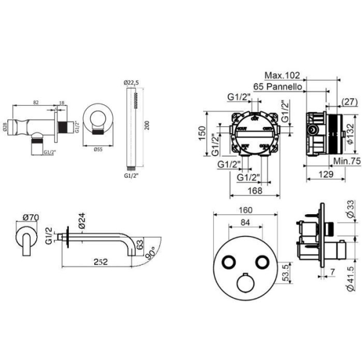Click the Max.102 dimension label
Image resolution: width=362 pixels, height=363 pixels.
(283, 76)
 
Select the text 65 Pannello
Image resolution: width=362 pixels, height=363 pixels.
(278, 87)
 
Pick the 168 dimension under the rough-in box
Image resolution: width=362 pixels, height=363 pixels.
(256, 191)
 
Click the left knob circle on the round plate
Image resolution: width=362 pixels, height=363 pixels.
(228, 261)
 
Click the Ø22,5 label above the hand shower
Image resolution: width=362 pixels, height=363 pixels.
(132, 83)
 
